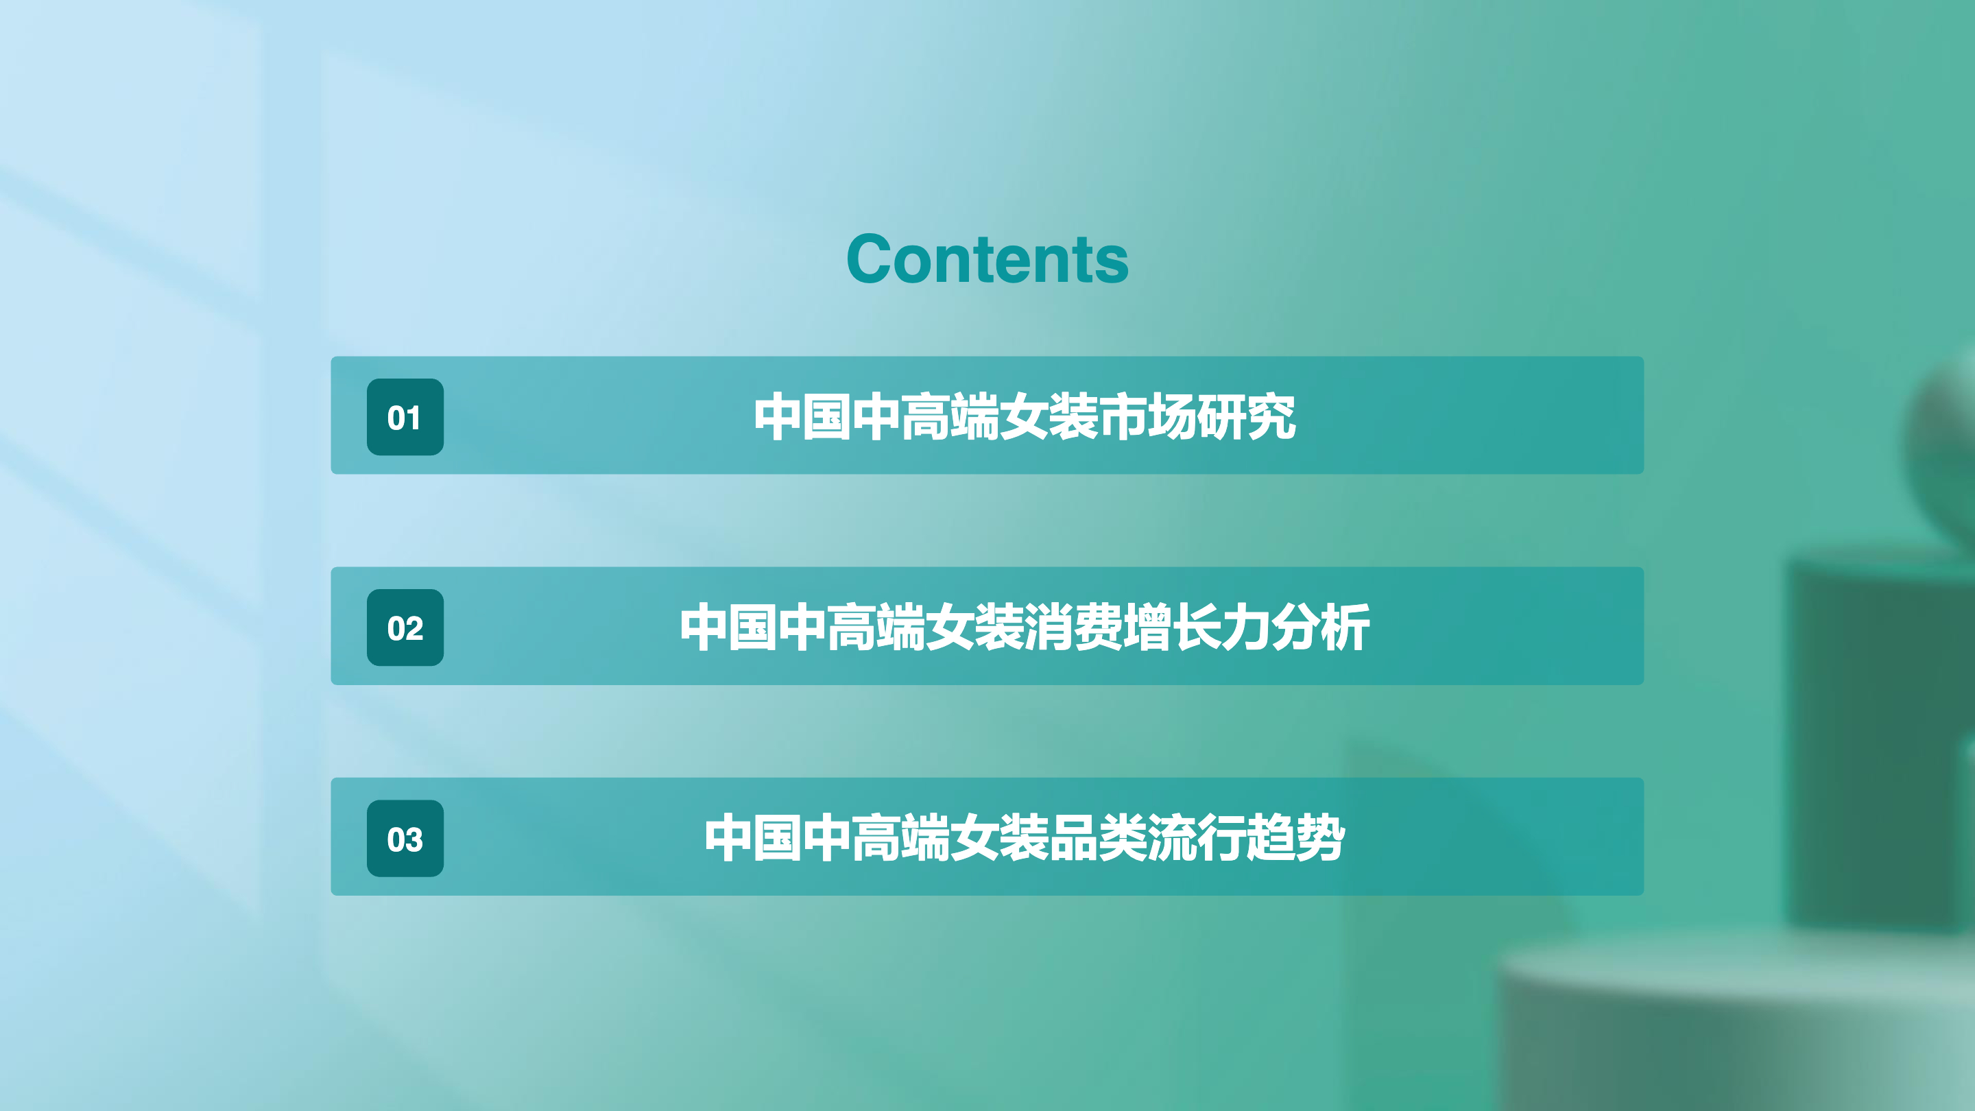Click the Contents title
987,259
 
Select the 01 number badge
405,416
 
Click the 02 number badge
405,628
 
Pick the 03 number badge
405,838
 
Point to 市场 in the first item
1148,416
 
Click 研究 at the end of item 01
1247,416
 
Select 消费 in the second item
1073,628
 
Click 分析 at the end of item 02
1320,628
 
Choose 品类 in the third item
1098,838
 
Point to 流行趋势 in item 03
1247,838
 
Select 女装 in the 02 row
975,628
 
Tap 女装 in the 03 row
1000,838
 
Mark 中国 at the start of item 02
728,628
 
